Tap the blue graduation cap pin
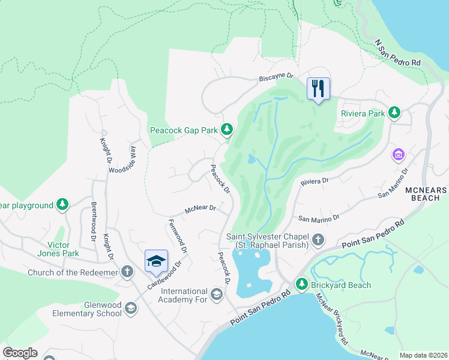click(x=156, y=261)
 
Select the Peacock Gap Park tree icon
click(x=226, y=129)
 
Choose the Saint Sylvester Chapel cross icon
click(x=318, y=241)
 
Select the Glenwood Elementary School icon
click(x=130, y=308)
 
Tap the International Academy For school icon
click(x=216, y=293)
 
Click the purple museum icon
click(x=397, y=155)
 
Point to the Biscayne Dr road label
click(x=276, y=77)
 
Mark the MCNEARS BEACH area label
click(x=427, y=193)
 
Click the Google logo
click(x=20, y=353)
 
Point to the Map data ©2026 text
click(x=423, y=355)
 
